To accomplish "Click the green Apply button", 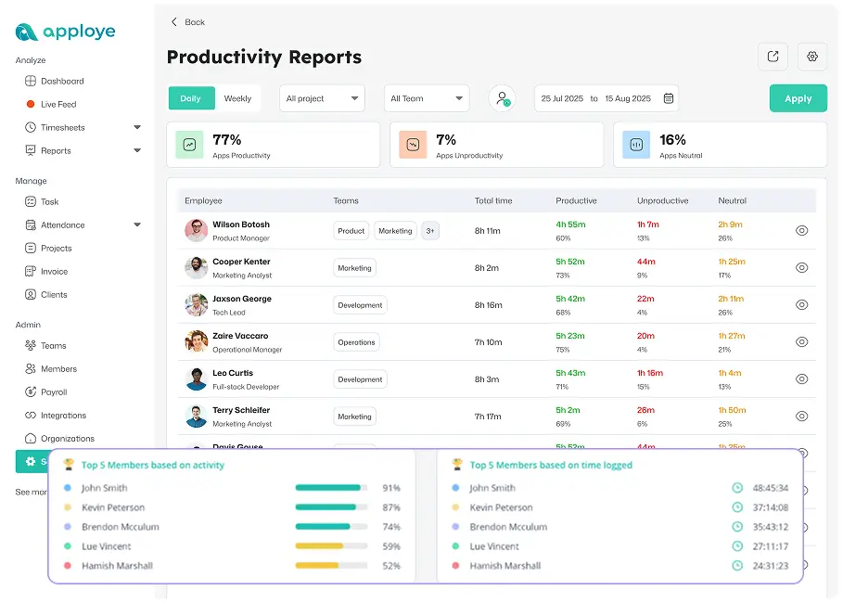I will coord(798,98).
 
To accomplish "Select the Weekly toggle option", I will coord(237,98).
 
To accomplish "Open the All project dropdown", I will coord(322,98).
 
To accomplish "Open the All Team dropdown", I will coord(427,98).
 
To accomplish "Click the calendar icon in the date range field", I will coord(668,98).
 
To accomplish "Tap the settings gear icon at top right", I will coord(812,57).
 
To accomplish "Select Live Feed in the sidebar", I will coord(58,105).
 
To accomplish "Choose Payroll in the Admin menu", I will coord(54,392).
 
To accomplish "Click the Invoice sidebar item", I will coord(54,272).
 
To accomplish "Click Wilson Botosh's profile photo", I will coord(196,231).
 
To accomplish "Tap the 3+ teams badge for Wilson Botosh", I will coord(430,231).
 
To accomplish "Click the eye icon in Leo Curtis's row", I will coord(802,378).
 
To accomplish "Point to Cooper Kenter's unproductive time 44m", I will coord(646,262).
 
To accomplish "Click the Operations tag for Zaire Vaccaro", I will coord(356,342).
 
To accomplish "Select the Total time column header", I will coord(493,200).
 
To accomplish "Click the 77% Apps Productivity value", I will coord(227,140).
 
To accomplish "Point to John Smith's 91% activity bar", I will coord(330,488).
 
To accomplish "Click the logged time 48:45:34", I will coord(770,488).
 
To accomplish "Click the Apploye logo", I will coord(66,32).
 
